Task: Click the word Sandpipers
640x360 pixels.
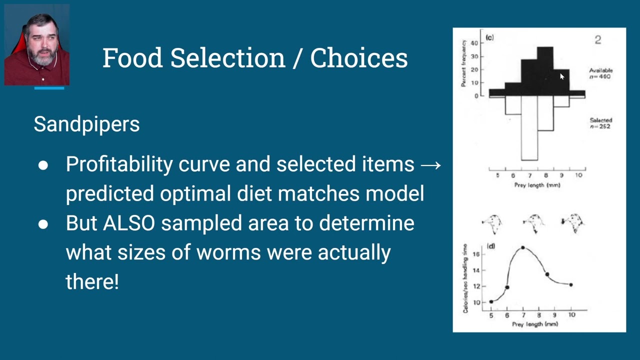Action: [86, 124]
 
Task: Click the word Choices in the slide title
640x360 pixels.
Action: [358, 58]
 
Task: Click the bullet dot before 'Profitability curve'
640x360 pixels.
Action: [43, 165]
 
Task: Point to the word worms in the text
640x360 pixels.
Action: [228, 252]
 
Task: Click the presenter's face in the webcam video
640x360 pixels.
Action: [40, 42]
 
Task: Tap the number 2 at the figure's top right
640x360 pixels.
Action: [597, 40]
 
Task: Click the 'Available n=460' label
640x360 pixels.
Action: [600, 73]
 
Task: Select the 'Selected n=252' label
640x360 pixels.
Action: [600, 123]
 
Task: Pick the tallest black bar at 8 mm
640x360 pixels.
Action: [545, 70]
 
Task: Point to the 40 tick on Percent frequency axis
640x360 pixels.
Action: [474, 43]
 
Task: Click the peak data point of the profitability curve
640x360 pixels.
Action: [523, 247]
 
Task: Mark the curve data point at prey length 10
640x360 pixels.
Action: [571, 284]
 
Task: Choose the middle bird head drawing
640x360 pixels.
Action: [533, 223]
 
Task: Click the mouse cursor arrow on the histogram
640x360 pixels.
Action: [561, 76]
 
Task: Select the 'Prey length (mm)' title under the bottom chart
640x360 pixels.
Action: [534, 324]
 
